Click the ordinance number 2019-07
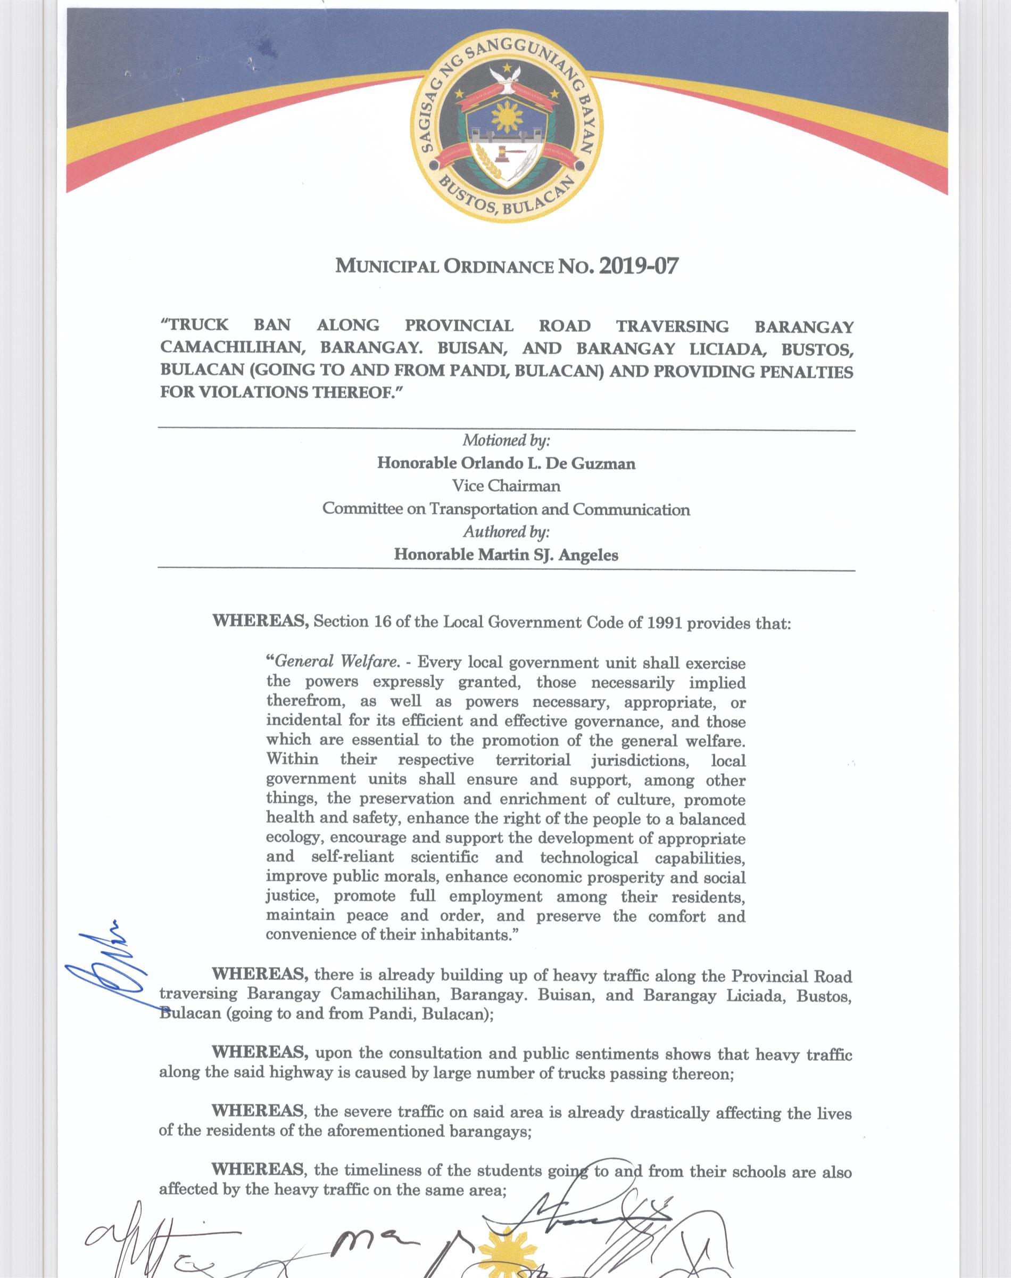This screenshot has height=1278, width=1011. click(x=638, y=266)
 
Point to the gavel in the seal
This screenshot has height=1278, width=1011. click(x=504, y=152)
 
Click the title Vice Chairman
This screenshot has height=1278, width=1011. click(x=506, y=486)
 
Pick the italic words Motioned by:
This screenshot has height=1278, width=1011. click(x=507, y=440)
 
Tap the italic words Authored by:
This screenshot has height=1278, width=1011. click(x=507, y=531)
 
